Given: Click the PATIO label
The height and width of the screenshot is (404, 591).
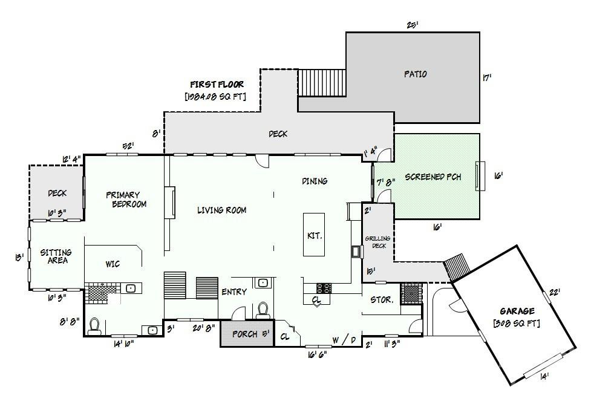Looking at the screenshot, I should (x=415, y=74).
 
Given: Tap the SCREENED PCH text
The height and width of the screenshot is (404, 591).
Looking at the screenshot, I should (x=433, y=177).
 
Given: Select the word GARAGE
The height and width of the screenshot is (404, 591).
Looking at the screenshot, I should (x=516, y=311).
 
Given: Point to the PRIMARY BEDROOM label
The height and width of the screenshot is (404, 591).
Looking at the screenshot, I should (x=126, y=200).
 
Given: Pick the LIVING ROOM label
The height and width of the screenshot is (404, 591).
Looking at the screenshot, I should (x=221, y=210).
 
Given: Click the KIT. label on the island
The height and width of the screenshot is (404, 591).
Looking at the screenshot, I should (x=315, y=235).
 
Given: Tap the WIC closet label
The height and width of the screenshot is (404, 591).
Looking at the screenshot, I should (x=113, y=264).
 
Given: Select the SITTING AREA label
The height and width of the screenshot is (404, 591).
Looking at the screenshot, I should (x=56, y=256).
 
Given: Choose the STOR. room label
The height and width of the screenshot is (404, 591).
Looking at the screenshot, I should (x=382, y=299).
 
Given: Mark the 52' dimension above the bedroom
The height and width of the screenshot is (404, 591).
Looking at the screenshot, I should (x=128, y=146).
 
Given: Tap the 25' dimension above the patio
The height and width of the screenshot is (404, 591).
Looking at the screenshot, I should (x=413, y=25).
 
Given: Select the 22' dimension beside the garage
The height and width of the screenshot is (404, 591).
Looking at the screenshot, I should (x=553, y=292).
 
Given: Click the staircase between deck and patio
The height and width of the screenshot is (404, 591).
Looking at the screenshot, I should (x=322, y=83).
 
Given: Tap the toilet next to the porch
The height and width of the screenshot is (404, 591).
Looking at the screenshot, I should (x=263, y=310).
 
